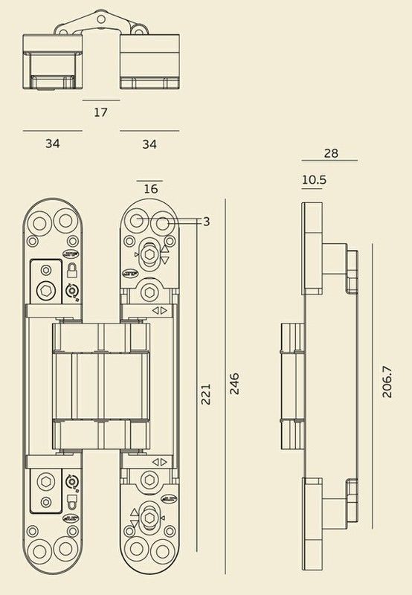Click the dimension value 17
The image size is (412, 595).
click(100, 112)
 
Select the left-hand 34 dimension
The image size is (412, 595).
click(52, 144)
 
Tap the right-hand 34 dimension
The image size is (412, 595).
click(149, 144)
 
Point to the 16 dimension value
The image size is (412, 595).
click(151, 189)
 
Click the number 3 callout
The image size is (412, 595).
click(207, 222)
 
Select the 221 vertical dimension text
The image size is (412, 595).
click(205, 394)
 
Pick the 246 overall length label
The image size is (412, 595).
click(235, 384)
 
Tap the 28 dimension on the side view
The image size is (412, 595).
click(331, 153)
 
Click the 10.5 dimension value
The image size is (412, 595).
click(314, 179)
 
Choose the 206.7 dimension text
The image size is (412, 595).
click(387, 382)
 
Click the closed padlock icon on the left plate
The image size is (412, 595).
click(71, 270)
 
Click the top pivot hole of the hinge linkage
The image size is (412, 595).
click(100, 19)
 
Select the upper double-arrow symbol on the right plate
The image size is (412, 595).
click(160, 310)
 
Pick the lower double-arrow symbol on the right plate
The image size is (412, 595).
click(160, 462)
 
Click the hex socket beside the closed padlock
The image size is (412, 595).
click(46, 291)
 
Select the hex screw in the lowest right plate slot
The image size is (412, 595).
click(149, 518)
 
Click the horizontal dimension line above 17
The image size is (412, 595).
click(101, 100)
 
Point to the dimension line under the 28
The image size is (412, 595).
click(329, 161)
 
